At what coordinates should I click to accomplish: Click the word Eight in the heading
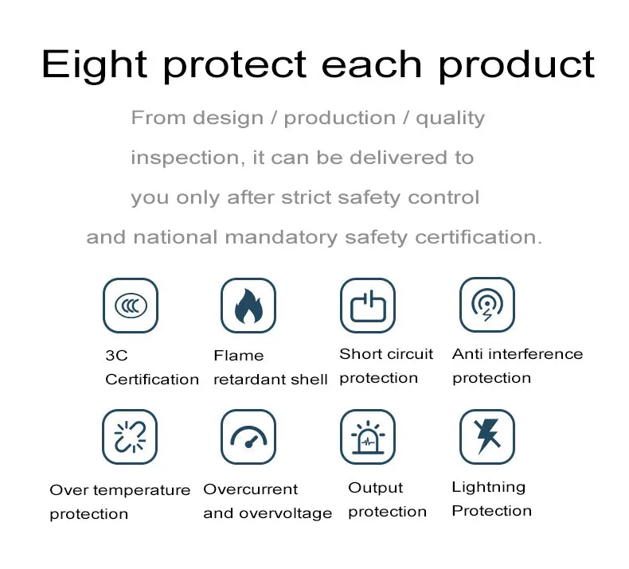[94, 65]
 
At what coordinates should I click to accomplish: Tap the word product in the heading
[517, 65]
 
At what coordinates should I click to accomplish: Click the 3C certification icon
[131, 306]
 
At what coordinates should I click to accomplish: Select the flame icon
[248, 306]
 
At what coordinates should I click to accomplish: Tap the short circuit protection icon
[368, 306]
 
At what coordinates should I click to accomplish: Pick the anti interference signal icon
[487, 305]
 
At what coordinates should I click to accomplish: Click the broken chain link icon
[130, 437]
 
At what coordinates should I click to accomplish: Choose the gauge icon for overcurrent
[248, 437]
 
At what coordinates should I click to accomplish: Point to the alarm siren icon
[368, 437]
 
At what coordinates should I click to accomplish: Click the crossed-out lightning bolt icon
[487, 437]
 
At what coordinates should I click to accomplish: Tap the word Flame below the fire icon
[239, 355]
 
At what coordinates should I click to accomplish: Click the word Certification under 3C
[152, 380]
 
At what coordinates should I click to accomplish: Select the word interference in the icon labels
[536, 353]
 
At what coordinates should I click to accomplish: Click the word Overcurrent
[250, 489]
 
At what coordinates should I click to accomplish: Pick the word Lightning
[489, 488]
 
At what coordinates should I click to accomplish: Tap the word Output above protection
[376, 488]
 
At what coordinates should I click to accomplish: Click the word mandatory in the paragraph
[281, 237]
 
